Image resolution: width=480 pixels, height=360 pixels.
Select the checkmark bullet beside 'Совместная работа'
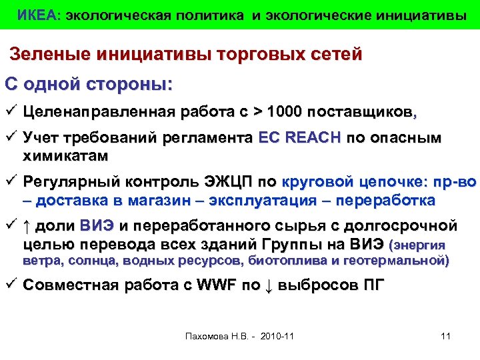tap(11, 285)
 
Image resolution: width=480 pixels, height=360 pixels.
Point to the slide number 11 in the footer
tap(447, 335)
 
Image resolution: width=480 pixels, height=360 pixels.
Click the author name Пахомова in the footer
tap(205, 335)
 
